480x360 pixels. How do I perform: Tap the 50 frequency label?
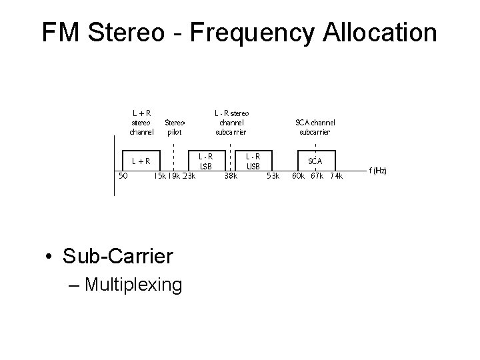123,176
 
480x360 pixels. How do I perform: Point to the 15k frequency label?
159,177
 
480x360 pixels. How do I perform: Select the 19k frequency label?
173,177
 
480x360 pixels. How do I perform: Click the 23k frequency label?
188,177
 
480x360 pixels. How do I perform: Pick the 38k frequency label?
231,177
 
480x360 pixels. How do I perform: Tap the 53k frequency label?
273,177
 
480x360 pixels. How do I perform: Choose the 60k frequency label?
298,177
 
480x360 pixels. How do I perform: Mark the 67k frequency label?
316,177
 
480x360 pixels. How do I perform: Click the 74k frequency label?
335,177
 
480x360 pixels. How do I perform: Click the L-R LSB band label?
205,161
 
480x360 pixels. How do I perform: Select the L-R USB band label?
253,161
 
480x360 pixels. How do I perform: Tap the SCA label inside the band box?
315,161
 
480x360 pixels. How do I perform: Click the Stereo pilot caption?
173,127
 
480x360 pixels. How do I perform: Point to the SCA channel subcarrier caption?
315,127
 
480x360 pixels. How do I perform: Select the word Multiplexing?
133,285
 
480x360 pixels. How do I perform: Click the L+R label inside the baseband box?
141,161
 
